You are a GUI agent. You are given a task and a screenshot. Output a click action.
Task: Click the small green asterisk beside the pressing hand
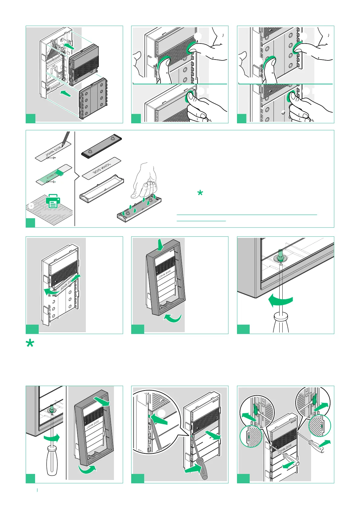point(200,193)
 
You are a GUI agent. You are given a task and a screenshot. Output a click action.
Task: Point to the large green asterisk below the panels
point(30,344)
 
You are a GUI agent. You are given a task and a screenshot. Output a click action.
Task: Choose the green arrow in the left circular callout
point(249,416)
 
